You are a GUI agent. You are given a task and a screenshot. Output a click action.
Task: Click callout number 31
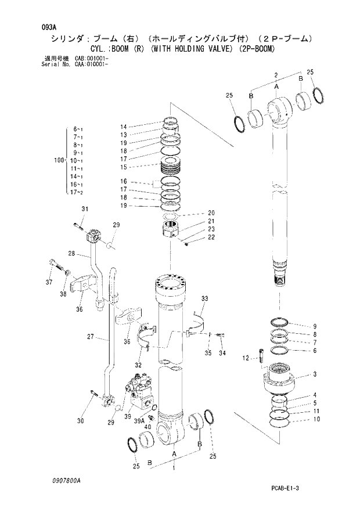pos(84,209)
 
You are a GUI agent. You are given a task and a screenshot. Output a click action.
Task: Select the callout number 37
pos(49,283)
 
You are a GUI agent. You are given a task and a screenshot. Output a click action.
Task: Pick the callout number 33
pos(204,298)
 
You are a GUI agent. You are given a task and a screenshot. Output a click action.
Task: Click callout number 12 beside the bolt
pos(246,358)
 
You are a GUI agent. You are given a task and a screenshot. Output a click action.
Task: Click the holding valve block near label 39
pos(139,391)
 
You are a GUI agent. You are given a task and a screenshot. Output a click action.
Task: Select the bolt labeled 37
pos(54,264)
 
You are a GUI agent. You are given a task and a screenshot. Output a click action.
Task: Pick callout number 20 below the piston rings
pos(211,212)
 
